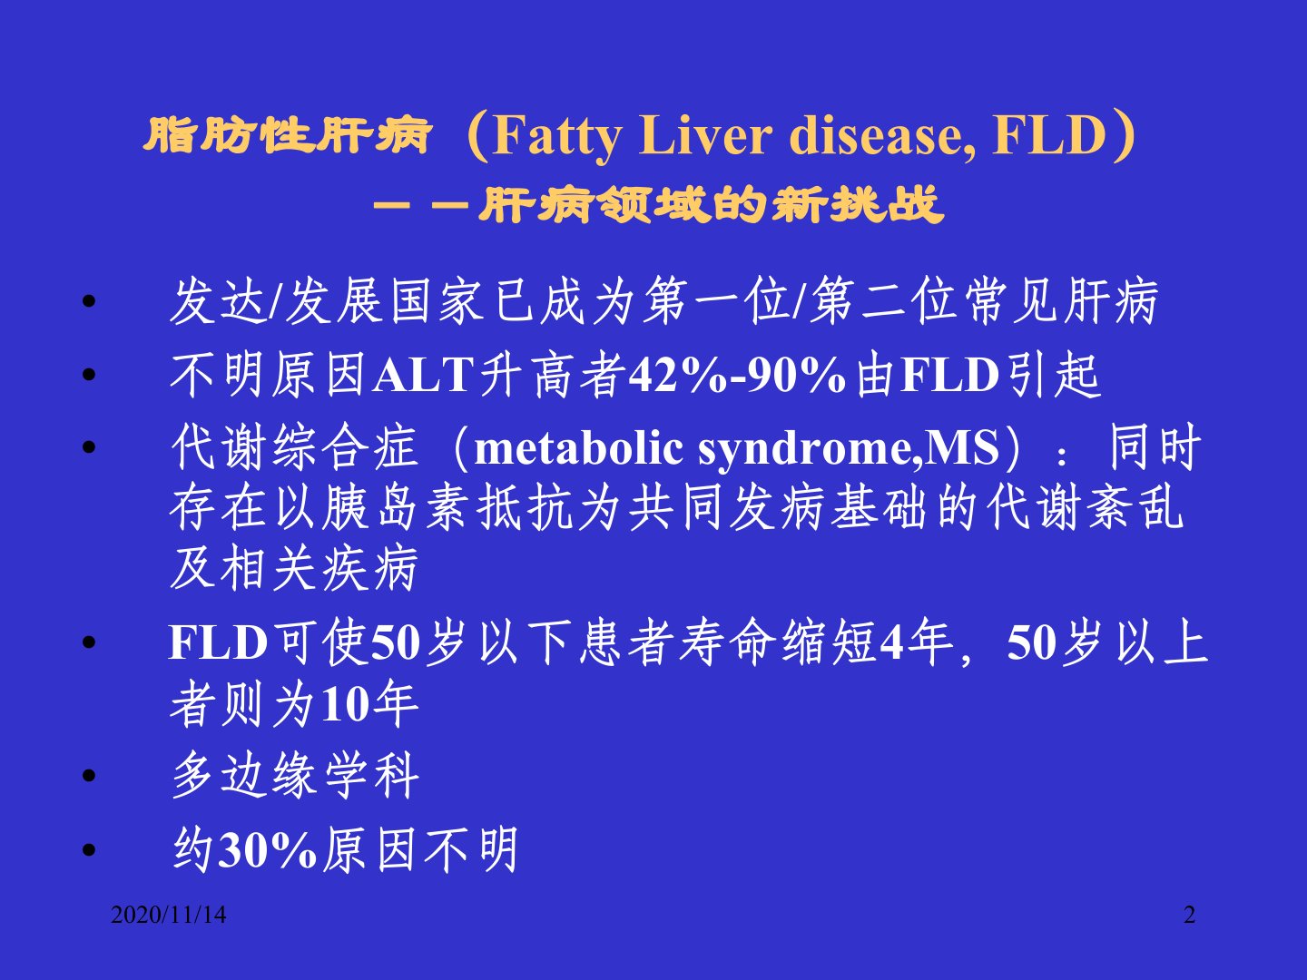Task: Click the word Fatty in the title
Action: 557,137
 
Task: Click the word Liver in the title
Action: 706,136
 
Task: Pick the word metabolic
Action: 578,448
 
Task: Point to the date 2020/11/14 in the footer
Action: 169,915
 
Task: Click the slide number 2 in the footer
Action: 1189,915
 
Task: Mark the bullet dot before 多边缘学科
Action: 89,775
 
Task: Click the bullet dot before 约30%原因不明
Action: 89,849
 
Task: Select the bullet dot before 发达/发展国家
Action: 89,301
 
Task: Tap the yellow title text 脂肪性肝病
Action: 287,135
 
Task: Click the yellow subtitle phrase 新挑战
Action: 858,205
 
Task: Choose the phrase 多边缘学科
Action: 295,775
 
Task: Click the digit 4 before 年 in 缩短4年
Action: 891,642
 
